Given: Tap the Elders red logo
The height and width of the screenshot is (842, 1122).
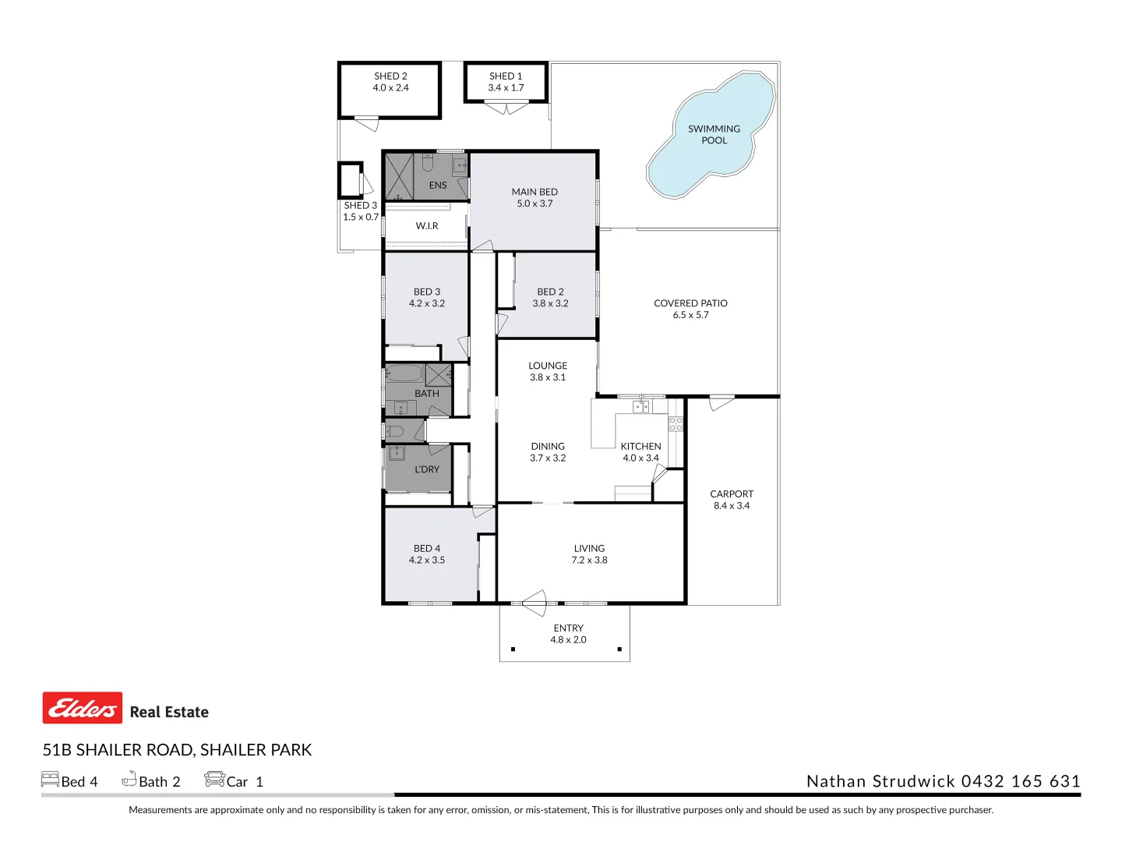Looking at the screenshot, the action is pyautogui.click(x=83, y=707).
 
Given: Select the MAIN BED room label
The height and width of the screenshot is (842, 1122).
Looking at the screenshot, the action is pyautogui.click(x=535, y=192).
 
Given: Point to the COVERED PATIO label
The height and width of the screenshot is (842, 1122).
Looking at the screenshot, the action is pyautogui.click(x=690, y=303).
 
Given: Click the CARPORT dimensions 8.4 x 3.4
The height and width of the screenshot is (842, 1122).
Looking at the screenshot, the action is pyautogui.click(x=732, y=506).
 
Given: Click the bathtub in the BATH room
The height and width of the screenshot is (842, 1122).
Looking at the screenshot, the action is pyautogui.click(x=404, y=373).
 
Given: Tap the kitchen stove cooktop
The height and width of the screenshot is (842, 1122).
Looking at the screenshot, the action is pyautogui.click(x=676, y=424).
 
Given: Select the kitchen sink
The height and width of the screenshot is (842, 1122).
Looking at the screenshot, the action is pyautogui.click(x=640, y=406).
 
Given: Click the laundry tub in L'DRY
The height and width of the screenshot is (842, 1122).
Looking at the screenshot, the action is pyautogui.click(x=397, y=453).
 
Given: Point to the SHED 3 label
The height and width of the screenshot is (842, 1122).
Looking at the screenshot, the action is pyautogui.click(x=361, y=206).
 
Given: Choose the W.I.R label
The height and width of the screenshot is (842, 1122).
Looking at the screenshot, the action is pyautogui.click(x=427, y=226).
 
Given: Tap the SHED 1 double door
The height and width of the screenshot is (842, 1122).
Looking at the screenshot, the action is pyautogui.click(x=506, y=108).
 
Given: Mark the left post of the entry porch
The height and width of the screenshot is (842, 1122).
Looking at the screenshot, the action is pyautogui.click(x=513, y=649).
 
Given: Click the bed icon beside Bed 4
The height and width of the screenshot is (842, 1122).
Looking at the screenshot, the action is pyautogui.click(x=50, y=779).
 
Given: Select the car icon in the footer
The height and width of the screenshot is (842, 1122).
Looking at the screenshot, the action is pyautogui.click(x=214, y=779).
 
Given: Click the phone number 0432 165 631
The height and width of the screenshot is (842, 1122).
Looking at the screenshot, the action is pyautogui.click(x=1021, y=781).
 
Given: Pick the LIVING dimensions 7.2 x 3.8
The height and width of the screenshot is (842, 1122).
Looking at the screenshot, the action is pyautogui.click(x=589, y=560).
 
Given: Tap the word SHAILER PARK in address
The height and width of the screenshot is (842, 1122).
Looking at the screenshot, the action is pyautogui.click(x=256, y=750).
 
